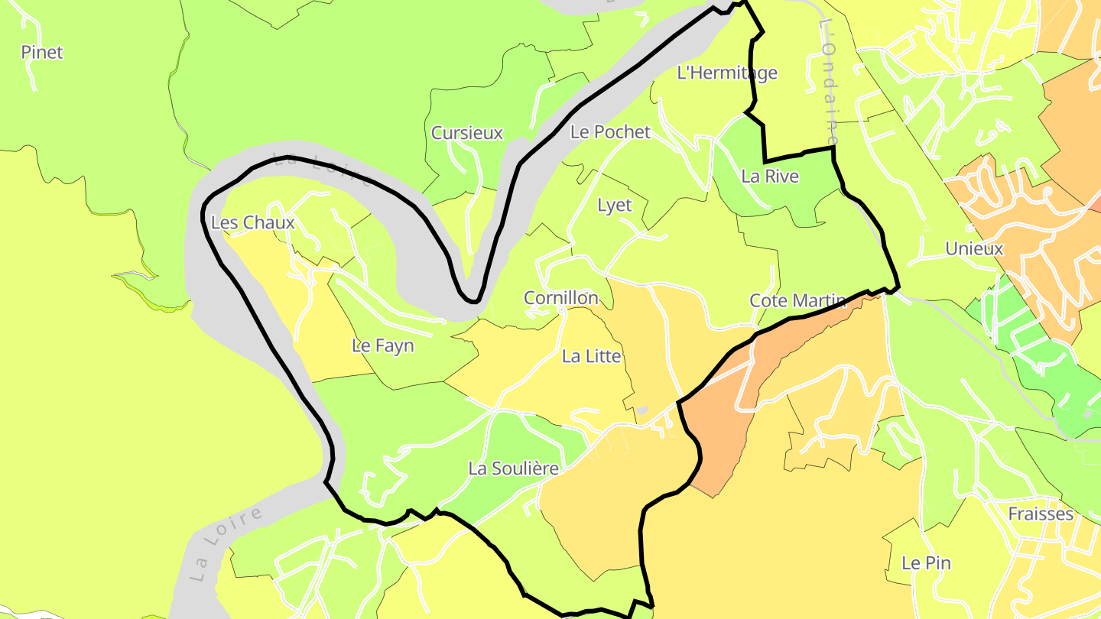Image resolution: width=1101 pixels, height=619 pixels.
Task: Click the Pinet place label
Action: [42, 53]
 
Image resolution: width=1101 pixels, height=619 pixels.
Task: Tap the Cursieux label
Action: [467, 133]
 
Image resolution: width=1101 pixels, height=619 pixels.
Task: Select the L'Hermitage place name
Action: [727, 73]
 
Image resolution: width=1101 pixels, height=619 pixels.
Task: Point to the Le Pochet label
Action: [610, 131]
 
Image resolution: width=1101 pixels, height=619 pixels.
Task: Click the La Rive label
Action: [770, 177]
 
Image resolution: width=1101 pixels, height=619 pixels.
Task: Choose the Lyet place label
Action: [615, 206]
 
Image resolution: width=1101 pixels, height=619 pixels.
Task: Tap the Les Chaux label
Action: [252, 223]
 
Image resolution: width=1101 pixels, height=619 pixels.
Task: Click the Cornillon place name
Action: [560, 298]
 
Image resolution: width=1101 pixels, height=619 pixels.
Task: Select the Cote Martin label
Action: [797, 300]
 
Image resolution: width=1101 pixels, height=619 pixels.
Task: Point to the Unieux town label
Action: [974, 248]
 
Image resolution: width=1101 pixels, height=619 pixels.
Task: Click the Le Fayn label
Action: [382, 345]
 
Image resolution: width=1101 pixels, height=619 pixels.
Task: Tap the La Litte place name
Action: [591, 356]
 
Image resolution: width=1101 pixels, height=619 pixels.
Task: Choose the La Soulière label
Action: [513, 468]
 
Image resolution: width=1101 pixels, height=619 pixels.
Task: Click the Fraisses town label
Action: [1040, 514]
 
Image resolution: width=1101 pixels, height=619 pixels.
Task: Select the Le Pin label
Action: [926, 563]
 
